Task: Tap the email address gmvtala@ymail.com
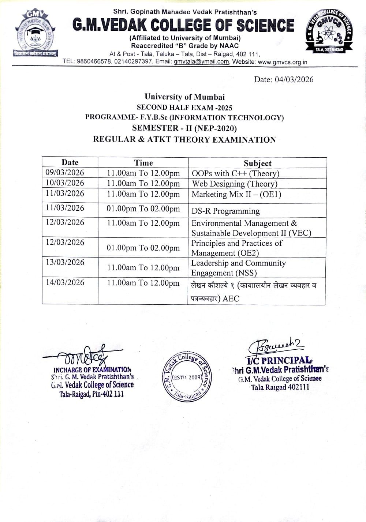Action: click(x=201, y=61)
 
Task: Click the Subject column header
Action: click(x=258, y=163)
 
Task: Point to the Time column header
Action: click(x=143, y=163)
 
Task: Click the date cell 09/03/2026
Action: click(x=65, y=173)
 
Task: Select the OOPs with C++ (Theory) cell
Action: click(x=235, y=173)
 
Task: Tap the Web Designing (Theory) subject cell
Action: click(x=235, y=184)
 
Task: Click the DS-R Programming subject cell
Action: click(x=225, y=211)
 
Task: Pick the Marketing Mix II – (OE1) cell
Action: click(x=236, y=194)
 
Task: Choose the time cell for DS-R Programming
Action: click(x=143, y=209)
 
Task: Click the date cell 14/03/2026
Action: click(x=65, y=283)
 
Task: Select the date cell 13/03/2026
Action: click(x=65, y=263)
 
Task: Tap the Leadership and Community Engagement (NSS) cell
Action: click(x=238, y=268)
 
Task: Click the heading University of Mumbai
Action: click(x=184, y=97)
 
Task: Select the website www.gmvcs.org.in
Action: click(x=283, y=62)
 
